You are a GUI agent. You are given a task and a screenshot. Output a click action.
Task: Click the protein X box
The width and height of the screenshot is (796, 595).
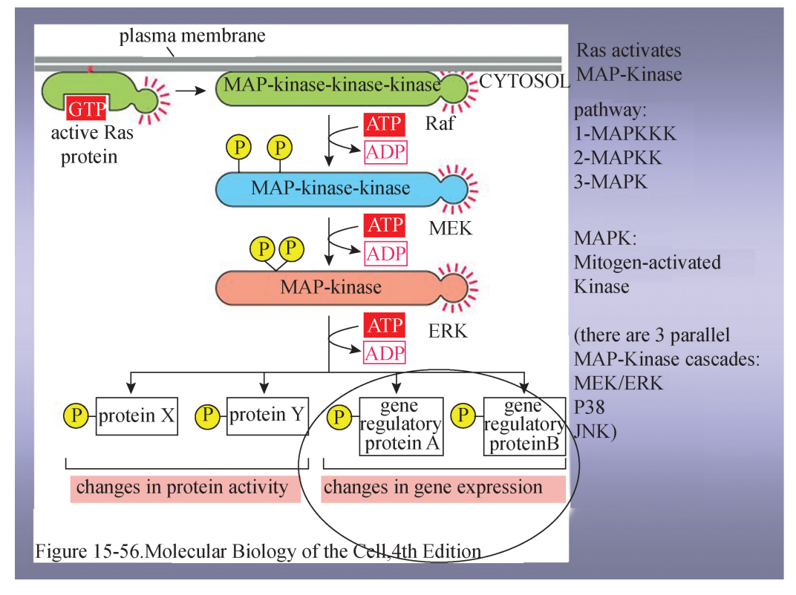[137, 415]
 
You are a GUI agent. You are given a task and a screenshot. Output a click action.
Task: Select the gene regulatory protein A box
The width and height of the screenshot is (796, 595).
[400, 426]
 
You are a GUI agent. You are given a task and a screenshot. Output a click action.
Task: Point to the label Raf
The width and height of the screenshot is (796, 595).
[440, 123]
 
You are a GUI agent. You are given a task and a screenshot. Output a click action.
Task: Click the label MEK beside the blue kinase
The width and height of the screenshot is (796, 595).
[450, 228]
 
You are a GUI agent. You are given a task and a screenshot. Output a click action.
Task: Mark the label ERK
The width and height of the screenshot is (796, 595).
[448, 330]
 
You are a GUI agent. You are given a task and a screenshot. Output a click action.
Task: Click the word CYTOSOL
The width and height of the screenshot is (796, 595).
[524, 82]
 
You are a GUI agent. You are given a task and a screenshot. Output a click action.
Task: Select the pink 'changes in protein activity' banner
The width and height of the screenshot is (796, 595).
[183, 488]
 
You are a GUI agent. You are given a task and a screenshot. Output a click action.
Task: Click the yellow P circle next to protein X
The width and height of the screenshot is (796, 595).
[75, 416]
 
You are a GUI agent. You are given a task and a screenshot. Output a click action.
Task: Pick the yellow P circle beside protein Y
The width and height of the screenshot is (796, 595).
[206, 415]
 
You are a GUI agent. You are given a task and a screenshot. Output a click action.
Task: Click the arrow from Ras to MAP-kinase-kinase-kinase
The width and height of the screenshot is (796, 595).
[191, 91]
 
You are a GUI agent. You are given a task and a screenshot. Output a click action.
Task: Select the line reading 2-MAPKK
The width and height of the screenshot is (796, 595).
[618, 158]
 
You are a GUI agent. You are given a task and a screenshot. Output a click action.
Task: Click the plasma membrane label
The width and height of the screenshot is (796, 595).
[192, 36]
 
